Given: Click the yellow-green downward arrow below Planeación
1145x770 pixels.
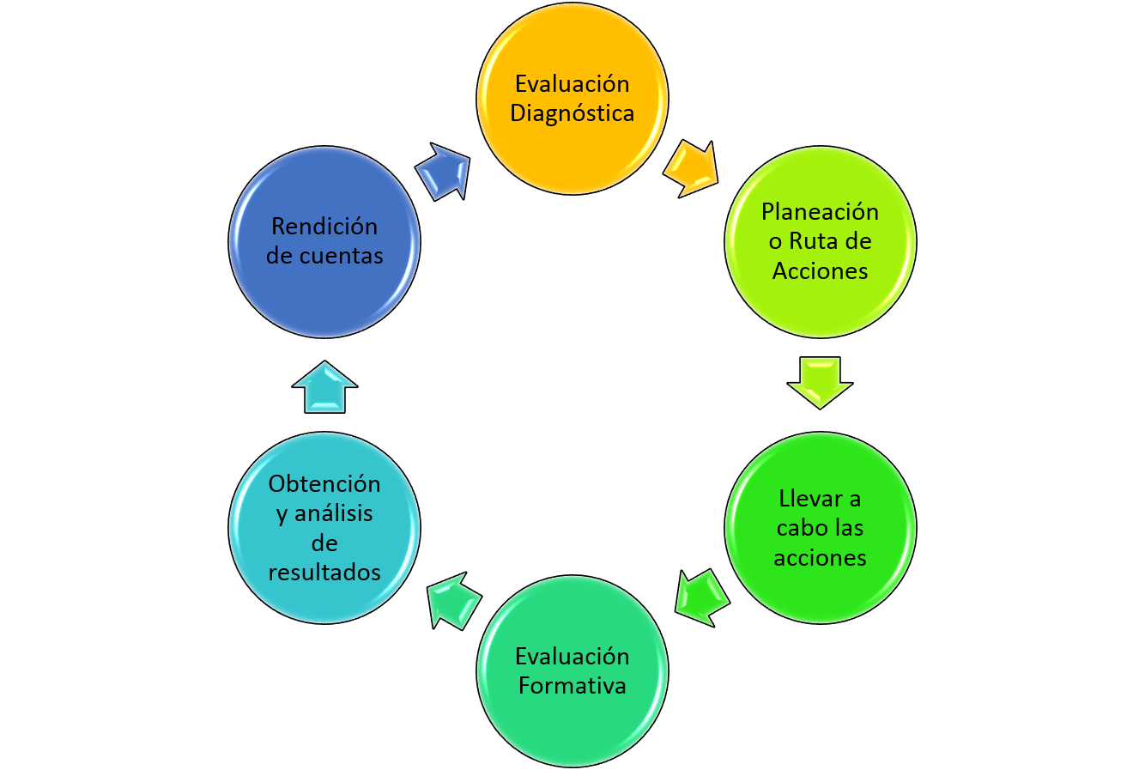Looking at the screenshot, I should tap(820, 381).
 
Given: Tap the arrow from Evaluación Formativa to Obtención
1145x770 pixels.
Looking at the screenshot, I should tap(452, 599).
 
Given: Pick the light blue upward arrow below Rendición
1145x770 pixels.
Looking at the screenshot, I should tap(324, 387).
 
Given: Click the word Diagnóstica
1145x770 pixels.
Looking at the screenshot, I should tap(572, 113).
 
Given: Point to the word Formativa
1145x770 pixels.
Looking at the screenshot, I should tap(572, 686).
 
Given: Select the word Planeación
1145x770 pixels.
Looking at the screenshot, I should tap(820, 211).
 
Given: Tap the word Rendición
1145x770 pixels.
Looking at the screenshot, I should tap(324, 226).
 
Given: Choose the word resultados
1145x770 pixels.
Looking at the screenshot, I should tap(324, 572).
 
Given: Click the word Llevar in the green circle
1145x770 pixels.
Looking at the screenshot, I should tap(808, 498).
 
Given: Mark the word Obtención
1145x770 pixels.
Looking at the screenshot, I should tap(324, 483).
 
